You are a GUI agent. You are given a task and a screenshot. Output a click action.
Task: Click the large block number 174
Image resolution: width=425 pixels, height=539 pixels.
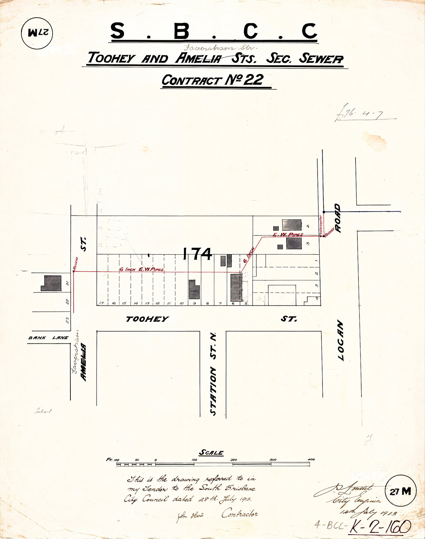(x=197, y=254)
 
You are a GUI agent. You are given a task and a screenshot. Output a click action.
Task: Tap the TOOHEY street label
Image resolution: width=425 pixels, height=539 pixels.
(x=147, y=319)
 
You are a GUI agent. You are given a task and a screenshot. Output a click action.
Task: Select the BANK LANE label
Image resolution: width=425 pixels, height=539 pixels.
(x=48, y=338)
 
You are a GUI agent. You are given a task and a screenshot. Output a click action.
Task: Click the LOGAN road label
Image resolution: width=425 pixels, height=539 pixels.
(x=341, y=340)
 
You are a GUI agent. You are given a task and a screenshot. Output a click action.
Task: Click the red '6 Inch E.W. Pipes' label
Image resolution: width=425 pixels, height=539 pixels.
(x=142, y=269)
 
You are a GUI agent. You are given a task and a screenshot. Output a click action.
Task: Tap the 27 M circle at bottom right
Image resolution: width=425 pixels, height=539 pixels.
(x=400, y=491)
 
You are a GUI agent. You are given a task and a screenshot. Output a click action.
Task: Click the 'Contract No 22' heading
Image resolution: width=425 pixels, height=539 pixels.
(x=212, y=80)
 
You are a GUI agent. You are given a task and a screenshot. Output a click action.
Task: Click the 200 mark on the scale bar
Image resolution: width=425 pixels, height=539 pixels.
(x=234, y=460)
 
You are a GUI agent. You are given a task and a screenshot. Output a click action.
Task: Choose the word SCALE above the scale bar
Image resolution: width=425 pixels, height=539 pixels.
(x=211, y=453)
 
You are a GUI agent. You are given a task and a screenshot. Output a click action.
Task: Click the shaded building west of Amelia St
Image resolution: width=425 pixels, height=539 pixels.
(x=51, y=283)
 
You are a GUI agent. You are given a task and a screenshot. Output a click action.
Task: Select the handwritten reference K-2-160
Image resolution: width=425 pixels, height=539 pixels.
(x=380, y=525)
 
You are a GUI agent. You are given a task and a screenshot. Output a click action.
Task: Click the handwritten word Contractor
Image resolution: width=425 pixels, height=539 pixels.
(x=239, y=514)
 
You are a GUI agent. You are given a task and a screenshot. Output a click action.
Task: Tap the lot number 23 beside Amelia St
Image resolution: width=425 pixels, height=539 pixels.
(x=67, y=320)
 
